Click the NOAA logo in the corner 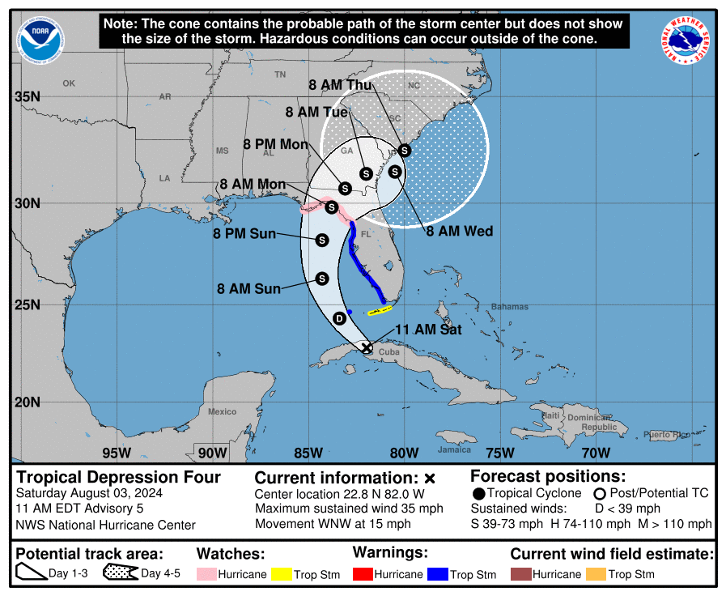tap(40, 40)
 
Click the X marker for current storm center tap(367, 347)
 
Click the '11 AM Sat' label tap(427, 330)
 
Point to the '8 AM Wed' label tap(459, 232)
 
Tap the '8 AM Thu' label tap(340, 85)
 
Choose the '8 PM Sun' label tap(244, 234)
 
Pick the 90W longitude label tap(212, 453)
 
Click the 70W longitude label tap(596, 453)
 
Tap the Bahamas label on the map tap(509, 307)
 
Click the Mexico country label tap(222, 412)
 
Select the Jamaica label tap(454, 450)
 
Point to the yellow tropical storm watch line tap(380, 310)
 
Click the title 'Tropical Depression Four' tap(118, 477)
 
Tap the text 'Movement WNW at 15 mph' tap(333, 524)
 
